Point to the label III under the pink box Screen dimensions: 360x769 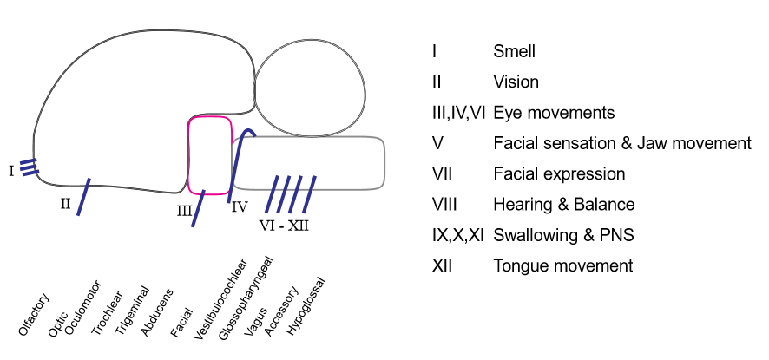[x=184, y=212]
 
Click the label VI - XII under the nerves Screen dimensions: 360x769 [x=284, y=225]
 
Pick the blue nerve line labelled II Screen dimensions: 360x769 [x=83, y=197]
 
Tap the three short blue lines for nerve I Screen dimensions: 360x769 [x=30, y=167]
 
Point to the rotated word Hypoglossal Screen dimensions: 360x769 [x=305, y=306]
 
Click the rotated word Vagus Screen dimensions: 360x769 [x=255, y=318]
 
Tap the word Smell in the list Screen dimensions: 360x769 [x=514, y=51]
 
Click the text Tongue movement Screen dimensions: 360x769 [x=562, y=265]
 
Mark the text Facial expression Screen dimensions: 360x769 [x=558, y=173]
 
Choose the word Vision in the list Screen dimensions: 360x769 [x=516, y=82]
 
